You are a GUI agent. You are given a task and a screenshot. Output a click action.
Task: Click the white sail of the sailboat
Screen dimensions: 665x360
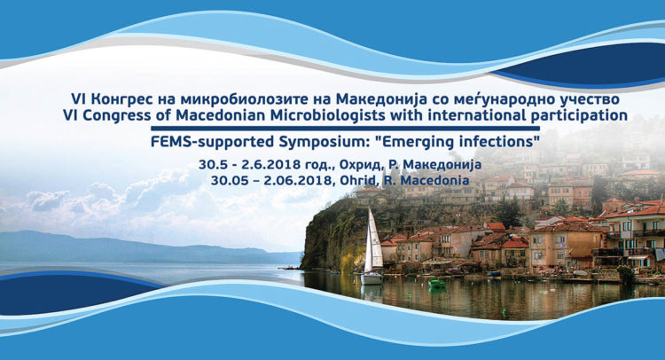pos(372,242)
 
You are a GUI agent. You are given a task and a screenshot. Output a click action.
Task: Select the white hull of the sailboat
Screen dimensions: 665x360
pos(372,278)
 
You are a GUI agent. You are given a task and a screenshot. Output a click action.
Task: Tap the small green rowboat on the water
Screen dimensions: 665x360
pos(437,283)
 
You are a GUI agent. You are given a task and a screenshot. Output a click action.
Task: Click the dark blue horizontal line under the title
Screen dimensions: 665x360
pos(345,128)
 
